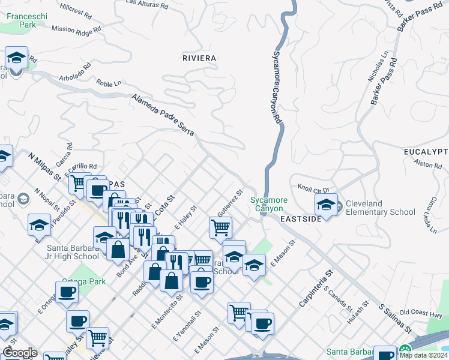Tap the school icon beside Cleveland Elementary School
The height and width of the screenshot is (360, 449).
pos(326,205)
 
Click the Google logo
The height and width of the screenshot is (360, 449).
pos(19,353)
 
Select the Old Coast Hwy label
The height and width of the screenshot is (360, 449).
pos(421,313)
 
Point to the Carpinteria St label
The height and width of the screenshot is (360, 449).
pos(316,289)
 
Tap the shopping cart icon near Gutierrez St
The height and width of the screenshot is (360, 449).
pos(221,227)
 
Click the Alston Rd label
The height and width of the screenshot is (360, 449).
pos(427,164)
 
